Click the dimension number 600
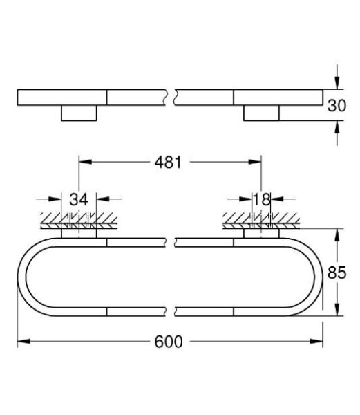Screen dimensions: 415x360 [171, 342]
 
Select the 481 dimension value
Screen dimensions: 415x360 [168, 163]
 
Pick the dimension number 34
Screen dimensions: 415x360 [79, 200]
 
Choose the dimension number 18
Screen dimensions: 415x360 [260, 200]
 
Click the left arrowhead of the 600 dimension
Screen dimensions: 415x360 [21, 342]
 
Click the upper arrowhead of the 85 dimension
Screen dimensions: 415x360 [337, 233]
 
